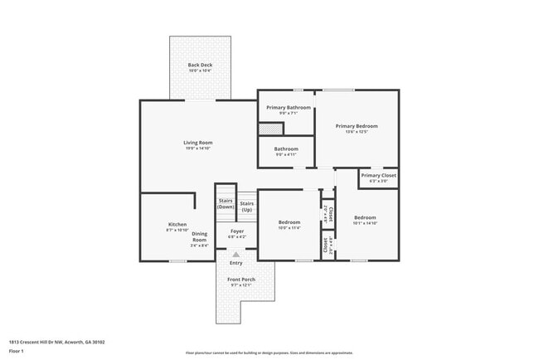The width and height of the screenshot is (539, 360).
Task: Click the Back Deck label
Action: click(x=199, y=65)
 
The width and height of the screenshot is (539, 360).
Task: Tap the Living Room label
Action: click(x=198, y=143)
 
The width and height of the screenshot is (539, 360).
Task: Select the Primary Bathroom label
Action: click(x=288, y=108)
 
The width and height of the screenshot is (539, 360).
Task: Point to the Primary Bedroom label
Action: click(x=357, y=126)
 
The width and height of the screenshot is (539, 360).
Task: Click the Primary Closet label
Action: click(x=378, y=176)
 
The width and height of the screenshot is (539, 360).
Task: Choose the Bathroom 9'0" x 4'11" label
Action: click(x=285, y=149)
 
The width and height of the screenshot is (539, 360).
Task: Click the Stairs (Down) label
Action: click(x=226, y=203)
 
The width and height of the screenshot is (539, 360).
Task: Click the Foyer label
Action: click(x=237, y=231)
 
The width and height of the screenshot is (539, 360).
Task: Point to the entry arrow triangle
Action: click(x=236, y=255)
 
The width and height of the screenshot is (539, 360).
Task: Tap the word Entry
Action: click(x=236, y=263)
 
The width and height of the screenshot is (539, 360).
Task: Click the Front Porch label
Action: click(x=241, y=280)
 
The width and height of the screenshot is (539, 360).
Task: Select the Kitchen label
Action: click(x=177, y=224)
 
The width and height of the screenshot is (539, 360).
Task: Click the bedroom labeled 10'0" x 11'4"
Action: click(x=289, y=222)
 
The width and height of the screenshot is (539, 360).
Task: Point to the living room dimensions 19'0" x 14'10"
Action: click(x=198, y=148)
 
